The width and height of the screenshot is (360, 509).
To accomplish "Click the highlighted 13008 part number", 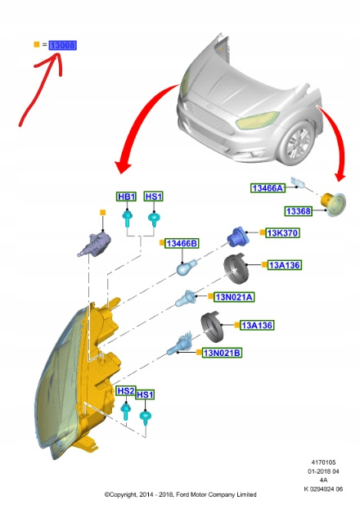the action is [63, 45].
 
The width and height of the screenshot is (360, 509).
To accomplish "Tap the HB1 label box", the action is [126, 196].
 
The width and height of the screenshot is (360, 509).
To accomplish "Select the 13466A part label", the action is [268, 188].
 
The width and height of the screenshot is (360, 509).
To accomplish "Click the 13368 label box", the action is [299, 211].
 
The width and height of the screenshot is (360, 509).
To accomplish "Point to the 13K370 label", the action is [282, 232].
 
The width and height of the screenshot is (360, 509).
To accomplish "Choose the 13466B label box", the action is [182, 243].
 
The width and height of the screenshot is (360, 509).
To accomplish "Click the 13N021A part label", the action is [234, 297].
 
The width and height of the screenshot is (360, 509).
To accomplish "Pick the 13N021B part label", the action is [222, 353].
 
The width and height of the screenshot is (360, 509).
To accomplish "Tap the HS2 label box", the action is [126, 391].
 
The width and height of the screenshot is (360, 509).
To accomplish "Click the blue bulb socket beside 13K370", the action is [237, 236].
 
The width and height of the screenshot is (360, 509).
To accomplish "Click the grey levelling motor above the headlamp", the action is [95, 244].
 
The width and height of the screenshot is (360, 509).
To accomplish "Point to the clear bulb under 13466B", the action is [187, 267].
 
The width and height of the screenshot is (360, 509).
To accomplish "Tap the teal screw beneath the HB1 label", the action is [127, 218].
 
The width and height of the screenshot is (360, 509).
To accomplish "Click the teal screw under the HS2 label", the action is [126, 412].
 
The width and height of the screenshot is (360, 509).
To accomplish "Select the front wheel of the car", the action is [296, 143].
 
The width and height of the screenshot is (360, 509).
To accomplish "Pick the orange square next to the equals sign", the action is [37, 44].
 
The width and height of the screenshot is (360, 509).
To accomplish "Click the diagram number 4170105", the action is [323, 462].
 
